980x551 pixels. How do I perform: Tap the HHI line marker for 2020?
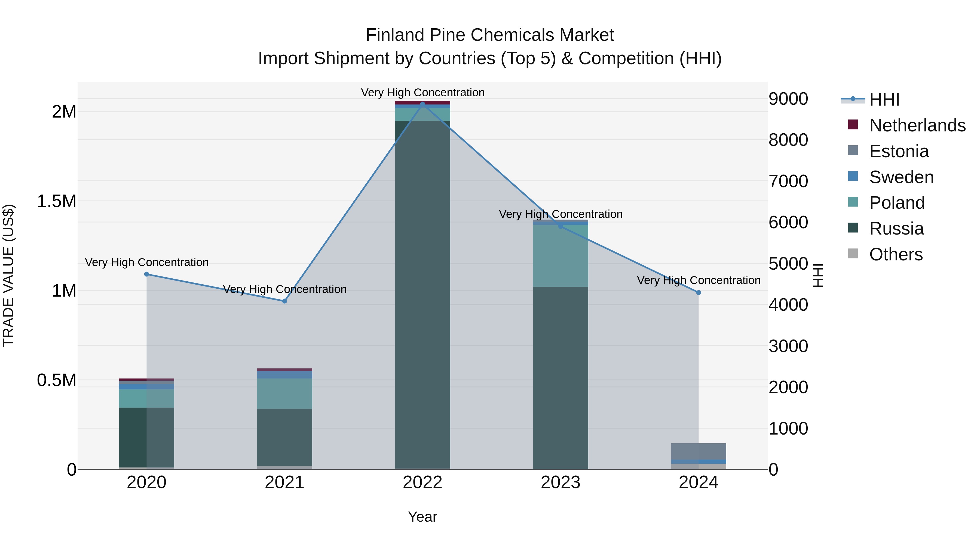146,274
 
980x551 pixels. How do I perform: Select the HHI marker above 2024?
699,293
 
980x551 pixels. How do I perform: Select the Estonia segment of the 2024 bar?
699,451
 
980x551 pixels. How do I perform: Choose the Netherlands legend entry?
917,125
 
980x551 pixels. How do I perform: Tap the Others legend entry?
896,254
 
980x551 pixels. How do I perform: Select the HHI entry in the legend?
884,100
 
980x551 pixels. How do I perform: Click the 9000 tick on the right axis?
788,99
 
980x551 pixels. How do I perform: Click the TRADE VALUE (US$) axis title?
8,275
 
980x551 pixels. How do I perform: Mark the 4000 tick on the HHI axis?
788,305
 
